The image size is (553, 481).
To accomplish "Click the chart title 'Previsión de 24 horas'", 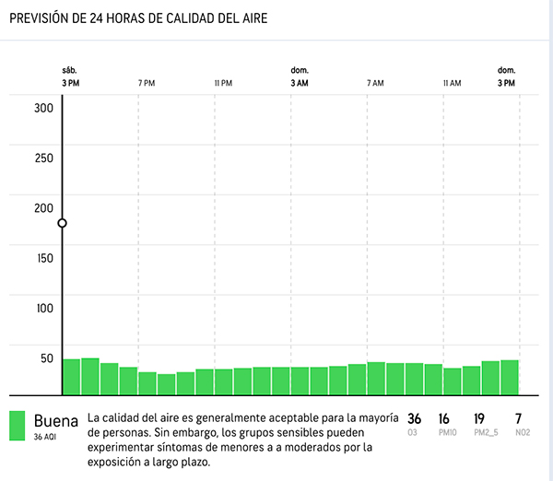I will click(x=138, y=18).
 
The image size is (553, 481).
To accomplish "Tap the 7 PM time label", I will click(x=147, y=84).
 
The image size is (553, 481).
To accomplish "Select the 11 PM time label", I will click(x=223, y=84).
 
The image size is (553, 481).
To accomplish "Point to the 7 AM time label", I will click(x=375, y=84).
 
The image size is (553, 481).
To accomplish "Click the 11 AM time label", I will click(x=452, y=84).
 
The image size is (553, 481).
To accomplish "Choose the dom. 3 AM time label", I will click(x=300, y=77).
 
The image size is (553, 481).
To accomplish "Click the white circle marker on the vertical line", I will click(x=63, y=223).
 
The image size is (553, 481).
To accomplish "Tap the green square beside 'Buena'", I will click(x=16, y=425).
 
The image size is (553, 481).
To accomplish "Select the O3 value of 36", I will click(x=415, y=418).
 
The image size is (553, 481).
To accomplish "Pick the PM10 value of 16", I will click(x=444, y=418).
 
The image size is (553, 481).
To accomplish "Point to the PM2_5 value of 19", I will click(x=479, y=418).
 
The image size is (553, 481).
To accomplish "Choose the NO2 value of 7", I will click(x=519, y=418).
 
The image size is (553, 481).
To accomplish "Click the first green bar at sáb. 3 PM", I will click(x=72, y=375).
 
